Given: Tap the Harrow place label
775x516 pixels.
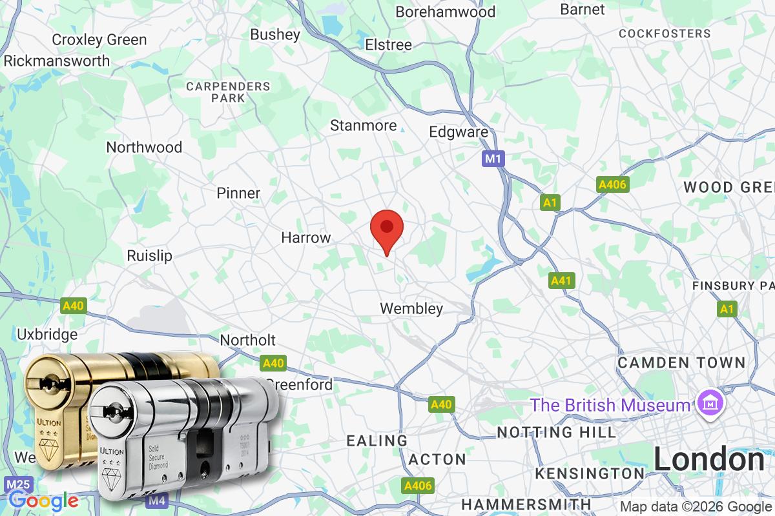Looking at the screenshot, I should (305, 237).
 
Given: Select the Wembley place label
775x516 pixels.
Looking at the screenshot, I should (411, 308).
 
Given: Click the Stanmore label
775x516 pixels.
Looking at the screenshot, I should (363, 125).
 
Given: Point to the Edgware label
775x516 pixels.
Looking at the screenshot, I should (459, 132).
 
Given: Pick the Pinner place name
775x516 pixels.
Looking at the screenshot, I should (238, 193).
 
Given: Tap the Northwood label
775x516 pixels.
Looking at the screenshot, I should (144, 147).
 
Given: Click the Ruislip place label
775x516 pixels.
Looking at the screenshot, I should (150, 255).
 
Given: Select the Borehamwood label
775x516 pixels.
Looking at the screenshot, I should (445, 12).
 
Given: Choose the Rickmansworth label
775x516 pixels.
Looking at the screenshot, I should (57, 61).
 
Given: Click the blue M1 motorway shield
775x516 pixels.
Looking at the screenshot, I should (493, 158).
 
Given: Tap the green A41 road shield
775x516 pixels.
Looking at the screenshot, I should (562, 281).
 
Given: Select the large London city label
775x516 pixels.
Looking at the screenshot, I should (708, 460).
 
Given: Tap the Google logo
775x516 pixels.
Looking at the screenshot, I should (43, 501).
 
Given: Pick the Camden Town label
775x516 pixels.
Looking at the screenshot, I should (681, 362).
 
